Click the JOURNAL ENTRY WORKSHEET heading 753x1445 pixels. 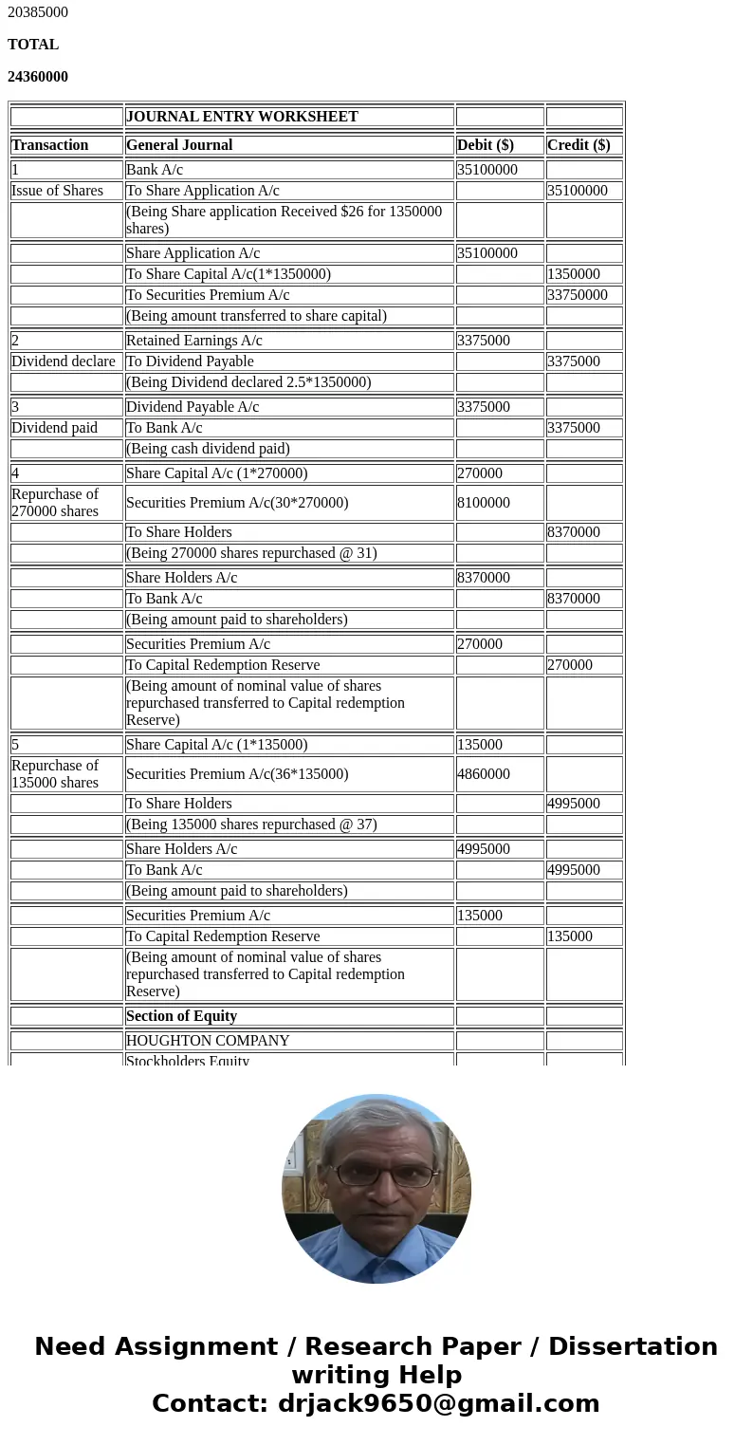242,117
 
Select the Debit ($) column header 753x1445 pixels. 485,145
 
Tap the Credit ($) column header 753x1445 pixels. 579,145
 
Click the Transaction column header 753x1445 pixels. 49,145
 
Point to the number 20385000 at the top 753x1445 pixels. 38,12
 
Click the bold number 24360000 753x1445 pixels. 38,77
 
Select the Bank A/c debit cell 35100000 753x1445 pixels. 487,170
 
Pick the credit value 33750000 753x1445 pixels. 578,295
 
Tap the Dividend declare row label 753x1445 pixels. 64,361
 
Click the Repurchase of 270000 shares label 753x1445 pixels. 55,503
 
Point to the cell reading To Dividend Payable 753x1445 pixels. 190,361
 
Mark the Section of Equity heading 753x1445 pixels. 181,1016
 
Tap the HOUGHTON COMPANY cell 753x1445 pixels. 208,1041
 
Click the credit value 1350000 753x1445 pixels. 574,274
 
